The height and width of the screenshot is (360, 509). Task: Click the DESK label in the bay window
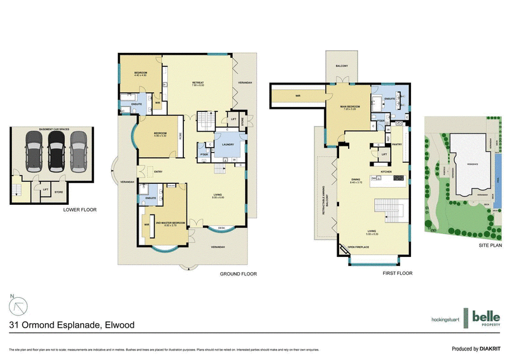pyautogui.click(x=221, y=228)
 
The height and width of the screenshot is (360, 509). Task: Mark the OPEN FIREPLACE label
pyautogui.click(x=359, y=247)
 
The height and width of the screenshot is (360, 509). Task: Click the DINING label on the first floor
pyautogui.click(x=356, y=180)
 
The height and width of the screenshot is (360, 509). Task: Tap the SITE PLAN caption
pyautogui.click(x=491, y=244)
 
